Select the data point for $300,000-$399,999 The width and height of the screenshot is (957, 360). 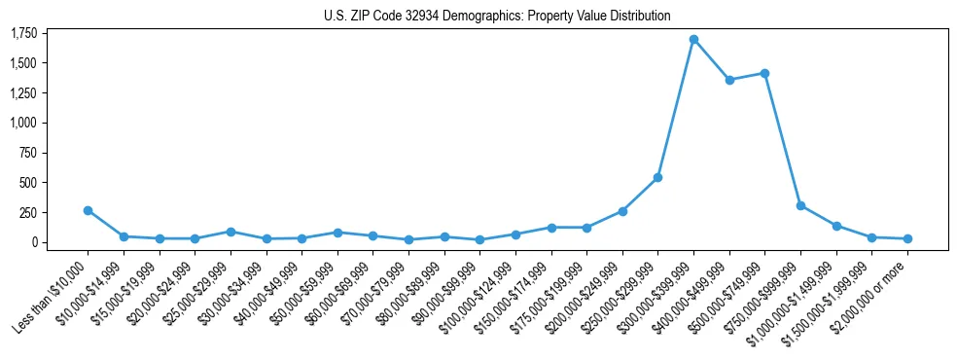pos(693,40)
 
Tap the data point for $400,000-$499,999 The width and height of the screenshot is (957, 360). pos(729,80)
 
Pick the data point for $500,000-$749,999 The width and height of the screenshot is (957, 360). pos(764,73)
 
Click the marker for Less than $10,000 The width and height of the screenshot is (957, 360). pos(88,210)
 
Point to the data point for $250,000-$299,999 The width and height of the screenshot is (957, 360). pos(657,177)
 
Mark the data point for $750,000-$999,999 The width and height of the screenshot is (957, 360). pos(800,205)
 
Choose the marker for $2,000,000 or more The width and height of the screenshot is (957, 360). pos(907,238)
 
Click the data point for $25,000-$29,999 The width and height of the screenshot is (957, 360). pos(230,232)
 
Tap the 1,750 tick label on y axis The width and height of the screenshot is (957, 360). pos(23,34)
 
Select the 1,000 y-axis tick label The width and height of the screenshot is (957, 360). pos(23,124)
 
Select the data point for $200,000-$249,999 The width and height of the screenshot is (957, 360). pos(622,211)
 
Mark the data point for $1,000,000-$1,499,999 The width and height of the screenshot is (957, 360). pos(836,226)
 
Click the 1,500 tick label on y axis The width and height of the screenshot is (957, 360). pos(23,63)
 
